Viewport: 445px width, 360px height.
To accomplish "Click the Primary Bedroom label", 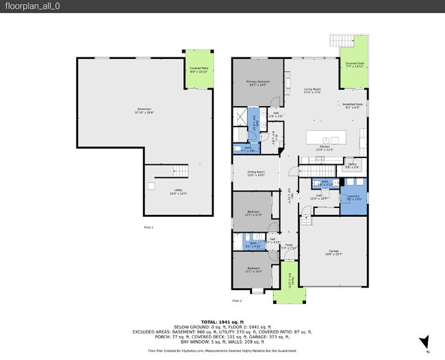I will (257, 83).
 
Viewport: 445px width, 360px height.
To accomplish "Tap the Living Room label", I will (312, 90).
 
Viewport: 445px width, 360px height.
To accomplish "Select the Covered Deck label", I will (355, 65).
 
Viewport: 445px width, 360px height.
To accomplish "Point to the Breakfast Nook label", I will (353, 105).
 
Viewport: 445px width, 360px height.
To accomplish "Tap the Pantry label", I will (352, 165).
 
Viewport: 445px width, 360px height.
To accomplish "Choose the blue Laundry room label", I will (353, 197).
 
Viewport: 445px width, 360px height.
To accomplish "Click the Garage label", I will (333, 253).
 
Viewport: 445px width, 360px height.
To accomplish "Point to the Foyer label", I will (290, 246).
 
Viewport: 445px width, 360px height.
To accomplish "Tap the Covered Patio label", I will (199, 69).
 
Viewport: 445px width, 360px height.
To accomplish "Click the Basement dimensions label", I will (144, 112).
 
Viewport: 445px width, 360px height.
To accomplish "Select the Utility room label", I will (178, 192).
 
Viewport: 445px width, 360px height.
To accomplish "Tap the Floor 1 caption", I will (149, 227).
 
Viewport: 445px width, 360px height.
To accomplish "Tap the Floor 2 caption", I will (237, 300).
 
